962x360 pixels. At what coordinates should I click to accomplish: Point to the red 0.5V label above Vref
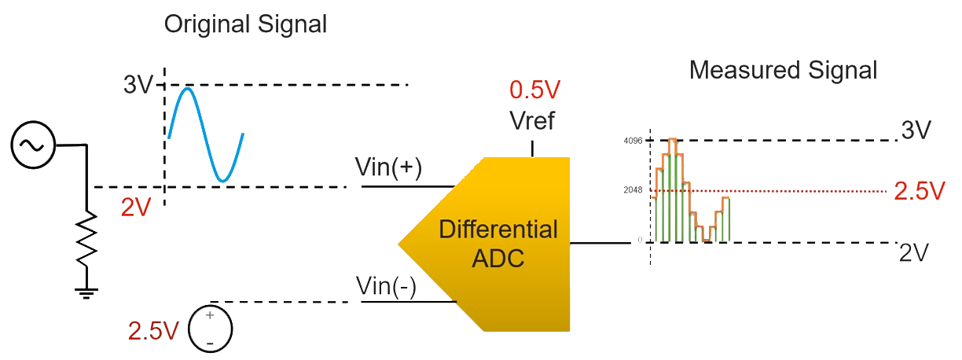[x=534, y=90]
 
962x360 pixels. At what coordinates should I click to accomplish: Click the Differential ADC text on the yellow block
[x=498, y=244]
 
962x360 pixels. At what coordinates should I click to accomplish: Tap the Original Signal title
[x=244, y=24]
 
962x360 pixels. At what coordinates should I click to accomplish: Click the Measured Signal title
[x=783, y=71]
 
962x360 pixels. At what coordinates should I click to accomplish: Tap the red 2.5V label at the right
[x=919, y=191]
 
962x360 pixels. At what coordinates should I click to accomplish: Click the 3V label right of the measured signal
[x=916, y=130]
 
